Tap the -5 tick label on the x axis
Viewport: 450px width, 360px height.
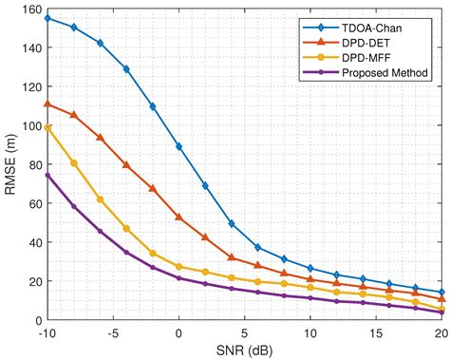(x=113, y=333)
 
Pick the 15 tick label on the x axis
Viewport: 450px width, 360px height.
(x=376, y=333)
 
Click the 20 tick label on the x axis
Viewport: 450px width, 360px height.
(x=441, y=333)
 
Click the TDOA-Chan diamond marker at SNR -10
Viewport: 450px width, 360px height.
(x=47, y=18)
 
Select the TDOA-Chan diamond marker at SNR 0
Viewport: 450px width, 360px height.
(x=178, y=146)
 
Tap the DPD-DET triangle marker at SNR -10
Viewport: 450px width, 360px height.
(x=47, y=104)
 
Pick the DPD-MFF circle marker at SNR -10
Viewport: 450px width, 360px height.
(x=47, y=127)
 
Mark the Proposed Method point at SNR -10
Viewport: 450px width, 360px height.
(x=47, y=175)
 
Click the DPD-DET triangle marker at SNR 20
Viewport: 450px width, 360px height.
(x=441, y=299)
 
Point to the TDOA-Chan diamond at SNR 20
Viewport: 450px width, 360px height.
(x=441, y=293)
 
